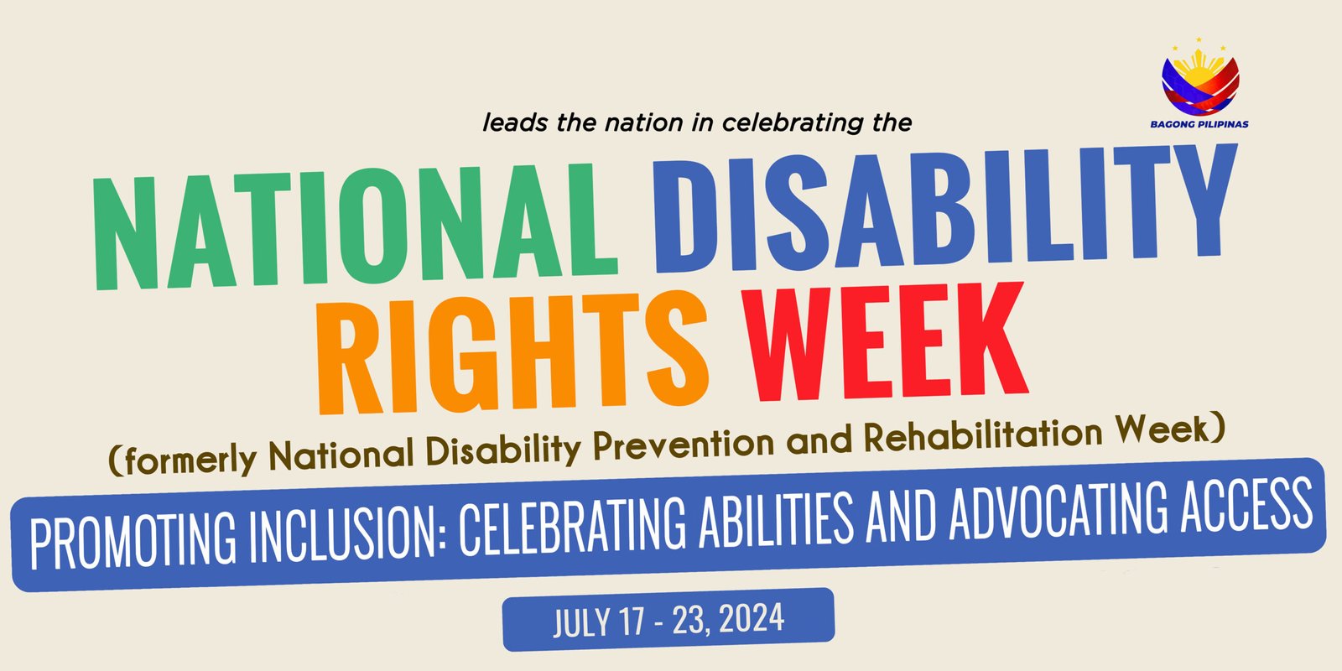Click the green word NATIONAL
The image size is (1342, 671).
(355, 226)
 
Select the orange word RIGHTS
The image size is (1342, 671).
(512, 353)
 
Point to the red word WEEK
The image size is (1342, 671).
(886, 341)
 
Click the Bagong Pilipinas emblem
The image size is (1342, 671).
(1200, 78)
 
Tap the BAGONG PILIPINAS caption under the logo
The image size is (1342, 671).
(1199, 125)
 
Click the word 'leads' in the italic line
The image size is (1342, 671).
(515, 123)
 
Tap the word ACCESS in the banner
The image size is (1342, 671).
(1246, 503)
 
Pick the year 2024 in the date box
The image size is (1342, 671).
(752, 618)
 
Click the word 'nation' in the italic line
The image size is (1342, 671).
(644, 123)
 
